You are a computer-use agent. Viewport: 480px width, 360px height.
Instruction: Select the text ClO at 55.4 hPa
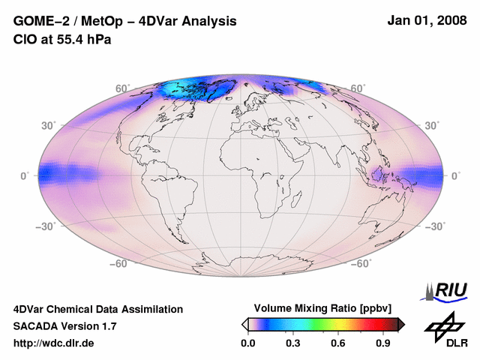[62, 38]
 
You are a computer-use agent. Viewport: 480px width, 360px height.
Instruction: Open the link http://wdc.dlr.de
[54, 343]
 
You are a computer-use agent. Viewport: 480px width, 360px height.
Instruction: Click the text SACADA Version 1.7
[64, 326]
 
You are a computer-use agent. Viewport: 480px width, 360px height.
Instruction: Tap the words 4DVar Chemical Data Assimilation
[97, 309]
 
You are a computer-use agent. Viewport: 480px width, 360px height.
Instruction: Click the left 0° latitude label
[25, 175]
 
